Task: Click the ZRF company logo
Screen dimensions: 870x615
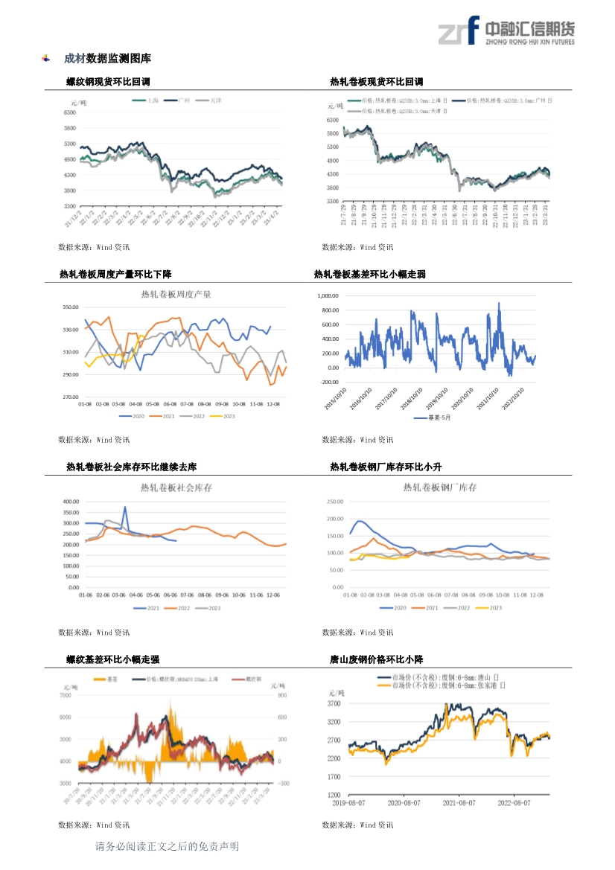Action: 506,32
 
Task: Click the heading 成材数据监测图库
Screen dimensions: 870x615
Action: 107,58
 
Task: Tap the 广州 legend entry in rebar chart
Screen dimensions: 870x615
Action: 178,100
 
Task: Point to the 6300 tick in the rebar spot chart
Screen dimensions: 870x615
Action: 70,113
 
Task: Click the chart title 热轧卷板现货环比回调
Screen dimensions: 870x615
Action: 376,82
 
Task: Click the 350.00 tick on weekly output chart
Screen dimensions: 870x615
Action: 71,307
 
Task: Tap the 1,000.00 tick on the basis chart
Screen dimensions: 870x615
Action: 328,295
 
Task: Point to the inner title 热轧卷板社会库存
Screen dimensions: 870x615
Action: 176,487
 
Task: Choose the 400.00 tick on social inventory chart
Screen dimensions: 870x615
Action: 71,502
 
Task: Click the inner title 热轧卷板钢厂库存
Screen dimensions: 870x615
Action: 439,487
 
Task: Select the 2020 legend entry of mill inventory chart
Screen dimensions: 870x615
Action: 394,608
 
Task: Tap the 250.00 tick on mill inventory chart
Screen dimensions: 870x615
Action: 334,502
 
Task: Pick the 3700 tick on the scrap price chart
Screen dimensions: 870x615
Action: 334,703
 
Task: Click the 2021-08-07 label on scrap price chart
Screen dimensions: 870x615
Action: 459,803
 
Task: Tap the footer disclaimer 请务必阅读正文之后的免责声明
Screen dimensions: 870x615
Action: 167,846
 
